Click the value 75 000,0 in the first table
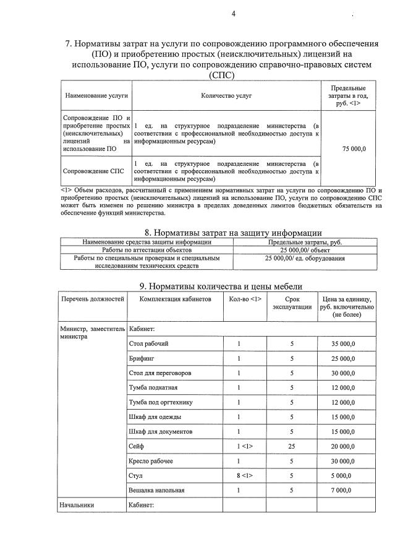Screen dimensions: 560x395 point(354,149)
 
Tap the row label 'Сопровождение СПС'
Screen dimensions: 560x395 point(93,171)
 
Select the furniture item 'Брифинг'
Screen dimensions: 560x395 point(142,358)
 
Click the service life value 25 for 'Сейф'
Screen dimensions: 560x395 point(292,446)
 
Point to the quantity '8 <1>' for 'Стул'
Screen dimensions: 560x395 point(245,476)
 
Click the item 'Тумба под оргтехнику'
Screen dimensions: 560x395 point(160,402)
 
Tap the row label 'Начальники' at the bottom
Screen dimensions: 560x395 point(77,505)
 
